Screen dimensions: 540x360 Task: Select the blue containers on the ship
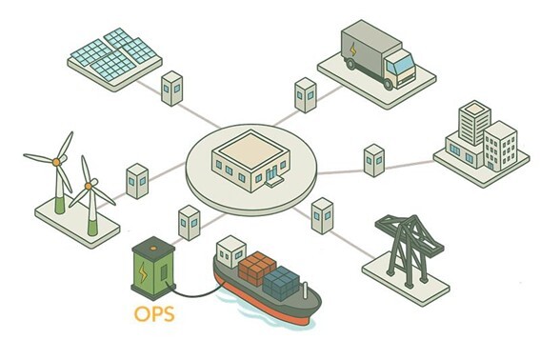click(282, 280)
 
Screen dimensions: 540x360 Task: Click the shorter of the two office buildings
click(499, 148)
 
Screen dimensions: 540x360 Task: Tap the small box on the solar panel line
click(172, 89)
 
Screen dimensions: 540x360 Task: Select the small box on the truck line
click(305, 95)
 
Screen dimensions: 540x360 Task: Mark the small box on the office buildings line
click(373, 159)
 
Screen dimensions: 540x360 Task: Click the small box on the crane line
click(323, 215)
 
